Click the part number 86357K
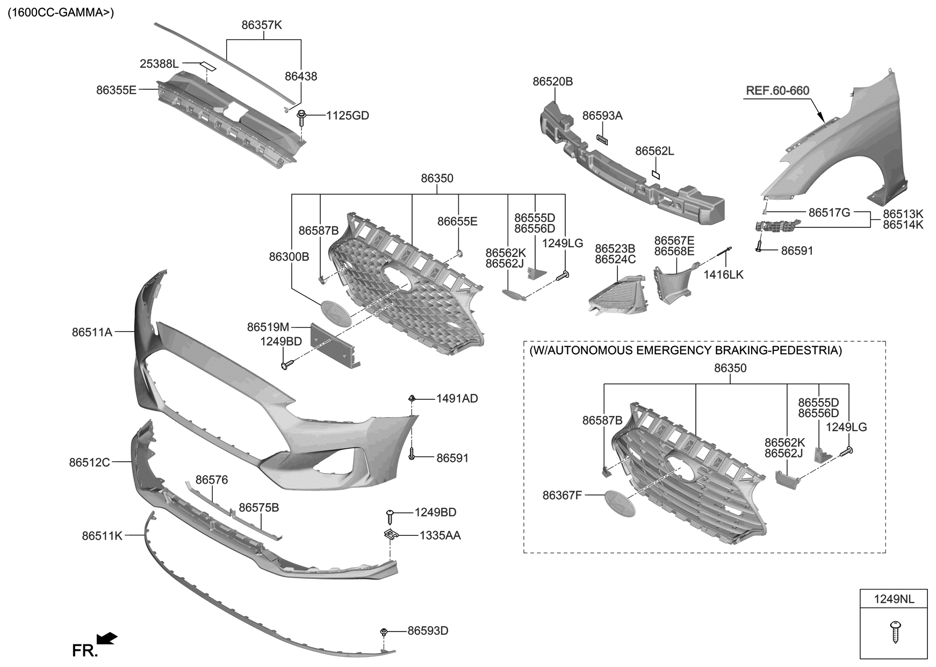click(262, 25)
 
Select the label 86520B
click(552, 82)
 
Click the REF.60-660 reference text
click(777, 91)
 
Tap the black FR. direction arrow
click(107, 638)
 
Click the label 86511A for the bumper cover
click(92, 333)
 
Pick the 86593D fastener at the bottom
click(384, 631)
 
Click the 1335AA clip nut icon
click(391, 535)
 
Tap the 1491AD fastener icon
click(412, 399)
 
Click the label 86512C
click(89, 462)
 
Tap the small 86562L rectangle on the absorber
click(656, 174)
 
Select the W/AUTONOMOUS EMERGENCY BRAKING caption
click(686, 351)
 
